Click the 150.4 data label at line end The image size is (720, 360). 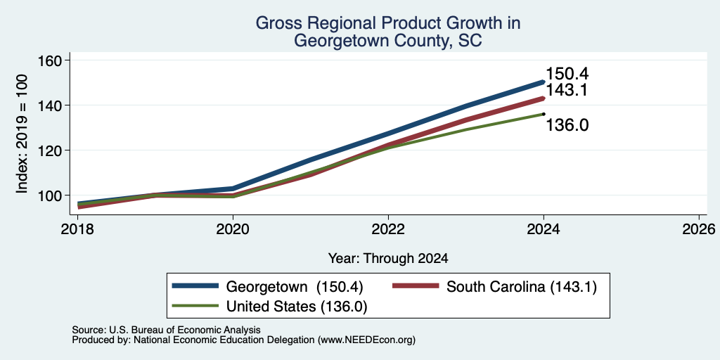coord(567,75)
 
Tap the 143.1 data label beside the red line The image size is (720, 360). coord(567,90)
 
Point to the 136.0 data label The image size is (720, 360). coord(567,125)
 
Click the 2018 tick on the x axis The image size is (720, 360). coord(77,229)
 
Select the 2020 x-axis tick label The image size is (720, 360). coord(233,229)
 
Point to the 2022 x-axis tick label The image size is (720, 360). coord(388,229)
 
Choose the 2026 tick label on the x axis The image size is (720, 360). coord(699,229)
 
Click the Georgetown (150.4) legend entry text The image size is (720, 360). coord(295,288)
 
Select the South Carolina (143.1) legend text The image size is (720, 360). coord(522,288)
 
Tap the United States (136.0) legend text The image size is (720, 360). coord(297,307)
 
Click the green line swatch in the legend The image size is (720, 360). coord(195,305)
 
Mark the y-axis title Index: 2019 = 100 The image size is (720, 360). coord(22,134)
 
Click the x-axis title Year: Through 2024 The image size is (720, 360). coord(388,259)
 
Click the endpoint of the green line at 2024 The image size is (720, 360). coord(544,114)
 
